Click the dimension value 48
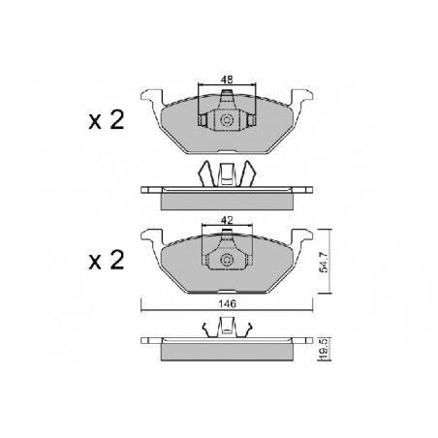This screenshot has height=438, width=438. pyautogui.click(x=227, y=79)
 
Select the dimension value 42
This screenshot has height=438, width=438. pyautogui.click(x=227, y=220)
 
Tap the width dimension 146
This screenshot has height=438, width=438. pyautogui.click(x=227, y=303)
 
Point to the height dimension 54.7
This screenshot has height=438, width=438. pyautogui.click(x=324, y=262)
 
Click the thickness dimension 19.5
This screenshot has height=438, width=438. pyautogui.click(x=324, y=350)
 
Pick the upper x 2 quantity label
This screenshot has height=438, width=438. pyautogui.click(x=107, y=120)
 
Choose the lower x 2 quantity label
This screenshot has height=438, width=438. pyautogui.click(x=107, y=261)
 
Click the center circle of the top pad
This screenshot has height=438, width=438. pyautogui.click(x=227, y=120)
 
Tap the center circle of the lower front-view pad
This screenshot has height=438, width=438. pyautogui.click(x=227, y=260)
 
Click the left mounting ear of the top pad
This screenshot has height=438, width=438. pyautogui.click(x=152, y=98)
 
